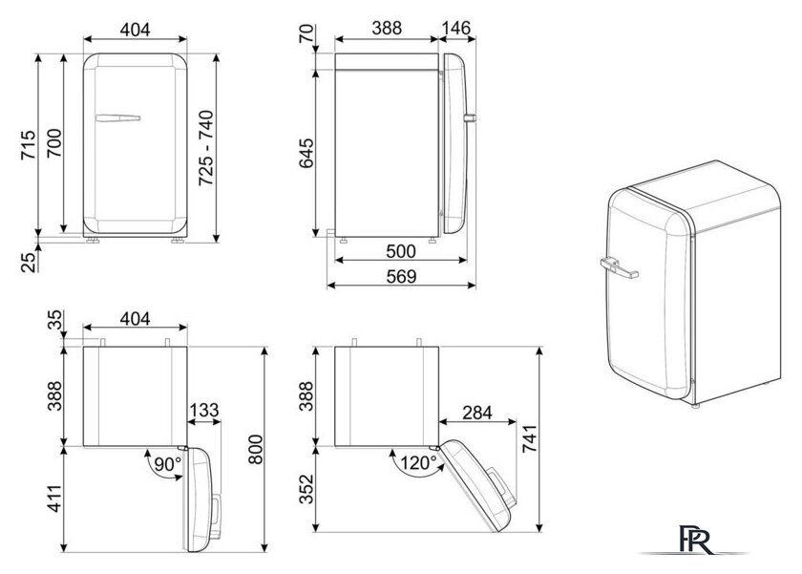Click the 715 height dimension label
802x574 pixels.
point(29,145)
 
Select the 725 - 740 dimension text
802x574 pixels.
point(206,147)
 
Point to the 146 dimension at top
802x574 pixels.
point(455,28)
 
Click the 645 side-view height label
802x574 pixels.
point(306,153)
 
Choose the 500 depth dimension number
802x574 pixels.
point(400,251)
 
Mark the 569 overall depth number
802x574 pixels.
point(401,276)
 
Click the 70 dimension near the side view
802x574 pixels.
point(306,33)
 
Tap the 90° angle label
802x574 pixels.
point(168,464)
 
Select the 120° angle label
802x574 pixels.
point(418,463)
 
